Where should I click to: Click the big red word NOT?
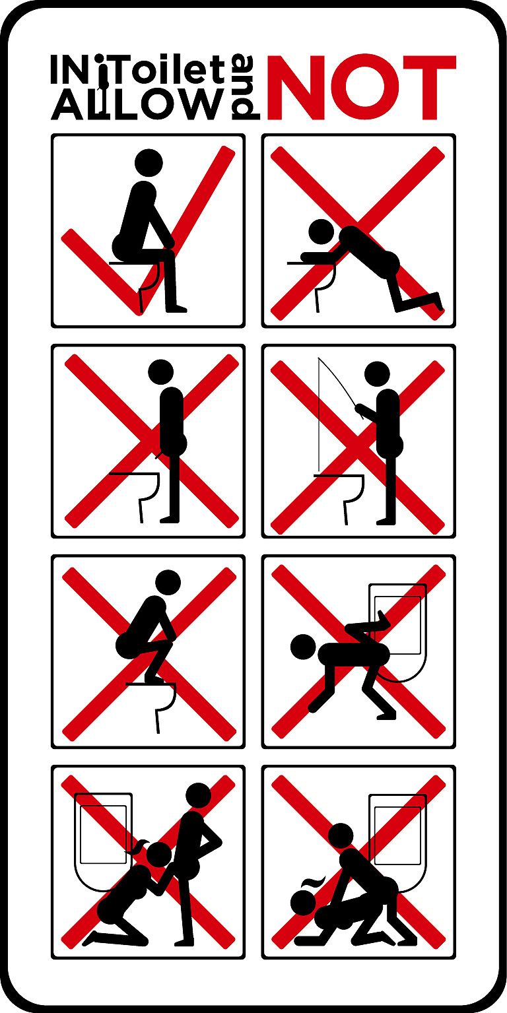pos(362,87)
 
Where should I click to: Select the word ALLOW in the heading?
pos(138,104)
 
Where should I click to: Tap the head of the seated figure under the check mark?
pos(149,163)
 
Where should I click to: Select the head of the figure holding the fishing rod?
pos(377,374)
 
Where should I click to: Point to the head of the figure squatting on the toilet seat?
pos(168,583)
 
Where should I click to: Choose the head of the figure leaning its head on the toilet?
pos(321,232)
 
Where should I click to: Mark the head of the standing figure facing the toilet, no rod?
pos(160,372)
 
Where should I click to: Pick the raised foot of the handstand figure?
pos(383,619)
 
